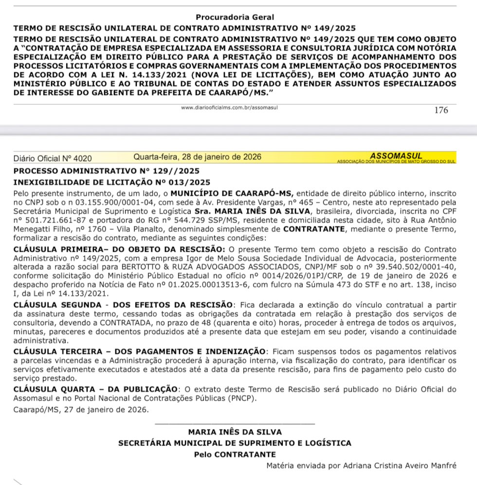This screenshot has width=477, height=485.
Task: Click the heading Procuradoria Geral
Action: (x=235, y=18)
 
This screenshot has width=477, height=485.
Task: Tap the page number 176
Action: (x=440, y=110)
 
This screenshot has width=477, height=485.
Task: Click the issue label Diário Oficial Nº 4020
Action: (x=53, y=158)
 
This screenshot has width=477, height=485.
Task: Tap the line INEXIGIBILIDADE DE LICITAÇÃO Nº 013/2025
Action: (x=112, y=182)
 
